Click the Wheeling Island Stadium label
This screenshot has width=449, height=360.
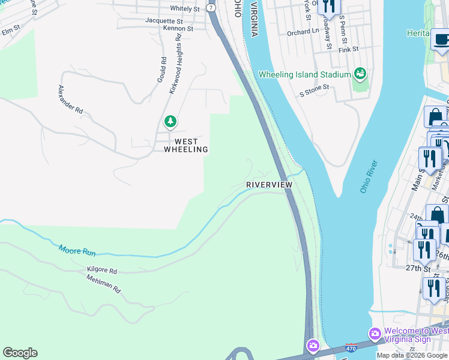pyautogui.click(x=304, y=74)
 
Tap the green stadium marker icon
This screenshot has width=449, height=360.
pyautogui.click(x=360, y=74)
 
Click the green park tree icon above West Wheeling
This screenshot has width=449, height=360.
pyautogui.click(x=170, y=122)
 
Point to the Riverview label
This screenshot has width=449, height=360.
pyautogui.click(x=269, y=185)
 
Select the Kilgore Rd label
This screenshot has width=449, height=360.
pyautogui.click(x=101, y=271)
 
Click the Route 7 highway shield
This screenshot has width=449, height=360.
pyautogui.click(x=211, y=8)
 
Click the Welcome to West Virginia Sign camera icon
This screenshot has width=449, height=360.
pyautogui.click(x=375, y=333)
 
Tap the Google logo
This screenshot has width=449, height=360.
pyautogui.click(x=20, y=353)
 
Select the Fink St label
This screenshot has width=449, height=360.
pyautogui.click(x=348, y=49)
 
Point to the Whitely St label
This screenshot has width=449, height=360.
pyautogui.click(x=185, y=9)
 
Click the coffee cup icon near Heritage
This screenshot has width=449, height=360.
pyautogui.click(x=441, y=40)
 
